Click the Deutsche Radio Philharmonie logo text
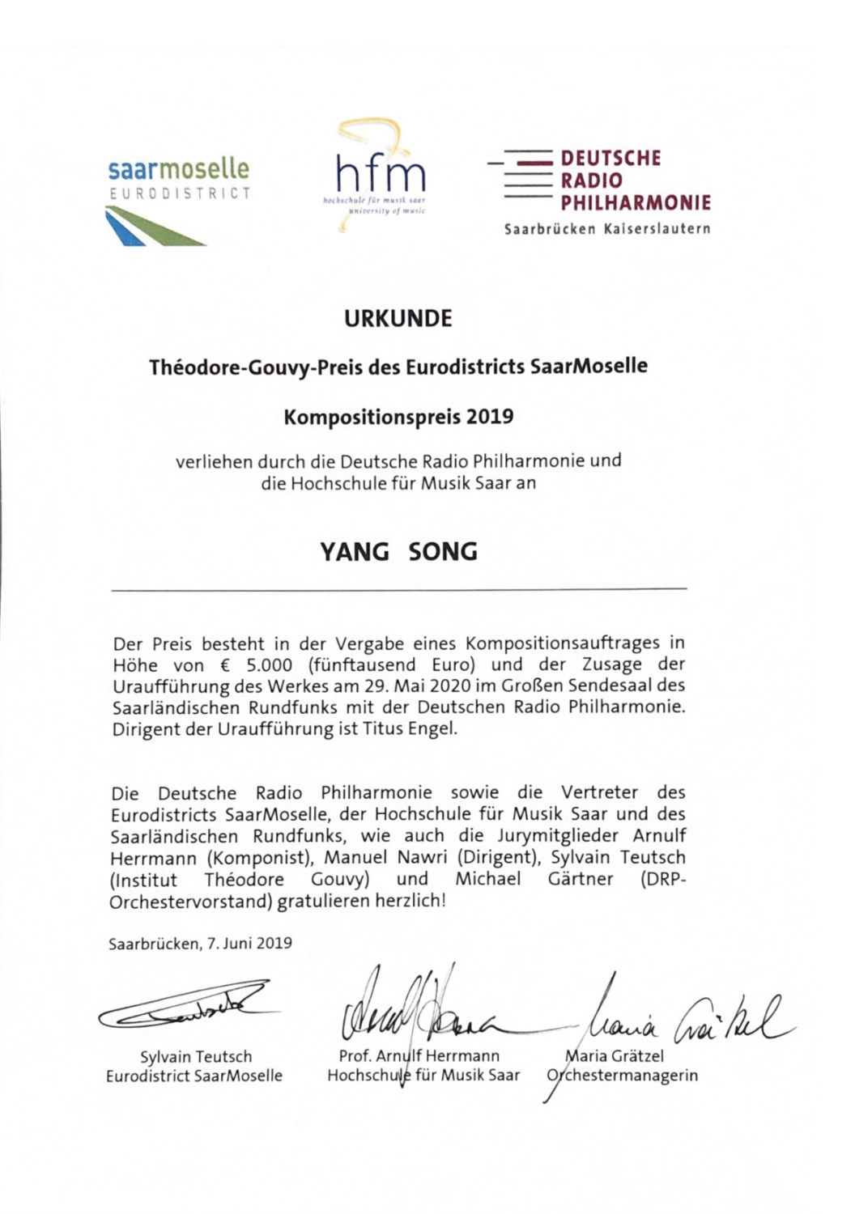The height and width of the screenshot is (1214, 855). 635,180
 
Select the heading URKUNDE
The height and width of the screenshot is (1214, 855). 398,319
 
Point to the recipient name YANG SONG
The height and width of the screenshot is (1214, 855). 398,552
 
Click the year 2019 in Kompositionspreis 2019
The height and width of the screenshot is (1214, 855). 490,417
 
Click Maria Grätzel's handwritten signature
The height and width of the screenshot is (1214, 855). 680,1016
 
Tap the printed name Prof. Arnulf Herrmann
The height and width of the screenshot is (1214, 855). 419,1056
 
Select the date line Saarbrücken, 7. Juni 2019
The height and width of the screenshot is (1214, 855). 201,944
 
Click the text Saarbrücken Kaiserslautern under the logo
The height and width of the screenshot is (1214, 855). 607,229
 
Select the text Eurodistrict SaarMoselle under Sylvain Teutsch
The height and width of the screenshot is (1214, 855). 194,1076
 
